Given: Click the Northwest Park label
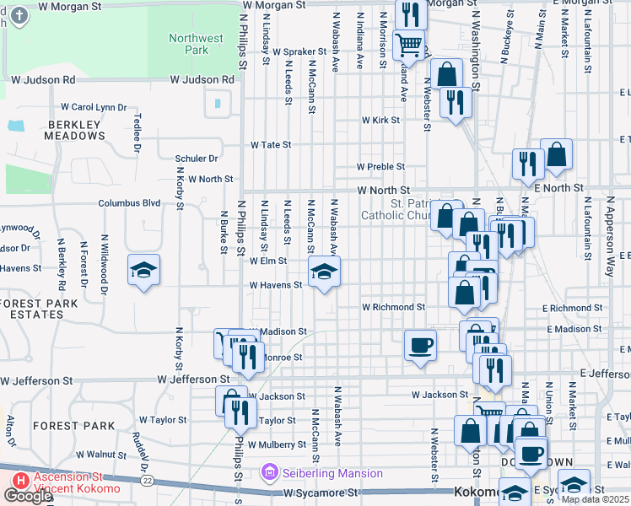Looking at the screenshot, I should (x=196, y=44).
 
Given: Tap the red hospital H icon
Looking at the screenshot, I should (x=18, y=480).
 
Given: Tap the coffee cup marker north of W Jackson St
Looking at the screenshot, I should (x=420, y=344).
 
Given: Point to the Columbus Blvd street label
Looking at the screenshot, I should (x=129, y=203).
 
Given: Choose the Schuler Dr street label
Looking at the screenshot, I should (x=197, y=158).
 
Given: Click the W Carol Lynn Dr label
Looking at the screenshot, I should (x=93, y=107).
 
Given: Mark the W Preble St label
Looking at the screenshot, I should (x=380, y=167).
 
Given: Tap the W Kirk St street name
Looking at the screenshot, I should (x=380, y=121).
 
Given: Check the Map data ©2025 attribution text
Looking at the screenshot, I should (x=595, y=499).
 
